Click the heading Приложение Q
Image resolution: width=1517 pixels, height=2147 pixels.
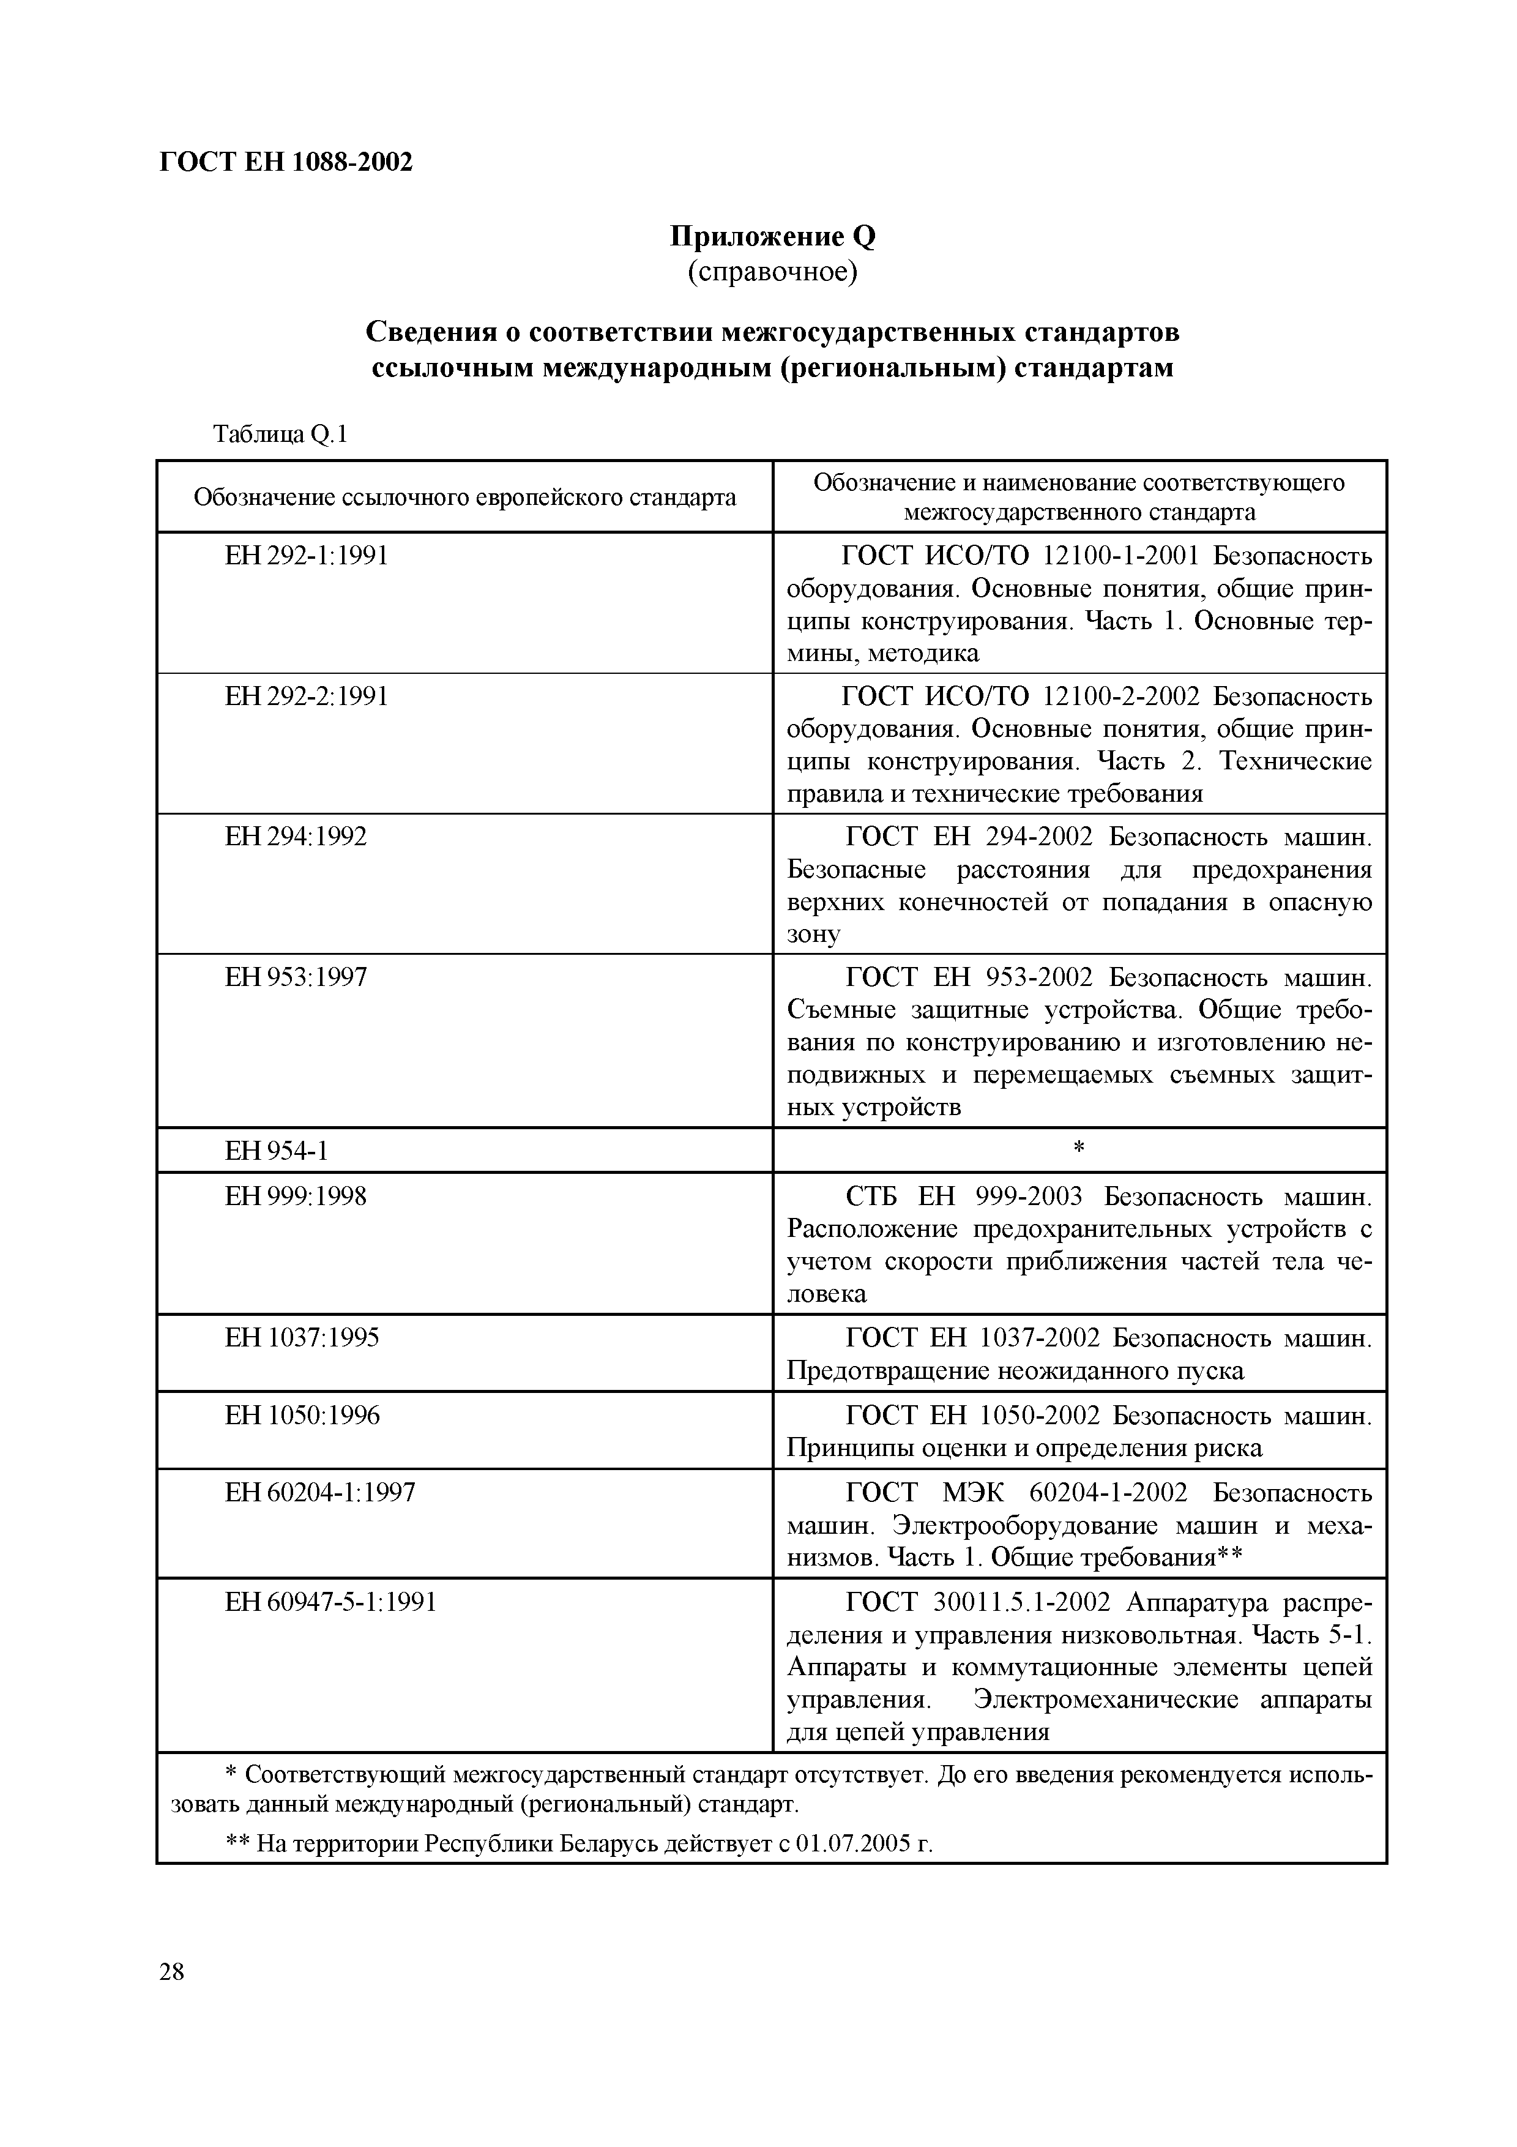click(x=772, y=237)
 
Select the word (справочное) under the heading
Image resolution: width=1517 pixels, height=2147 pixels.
click(x=772, y=272)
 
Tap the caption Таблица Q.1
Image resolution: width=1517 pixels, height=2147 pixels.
click(x=280, y=434)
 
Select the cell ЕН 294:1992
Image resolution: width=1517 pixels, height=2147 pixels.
click(x=296, y=837)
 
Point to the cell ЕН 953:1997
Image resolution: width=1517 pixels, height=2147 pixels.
click(x=296, y=977)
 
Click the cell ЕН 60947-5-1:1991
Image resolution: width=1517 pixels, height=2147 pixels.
click(x=331, y=1603)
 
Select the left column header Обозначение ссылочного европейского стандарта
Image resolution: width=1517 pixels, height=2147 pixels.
click(x=464, y=498)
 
